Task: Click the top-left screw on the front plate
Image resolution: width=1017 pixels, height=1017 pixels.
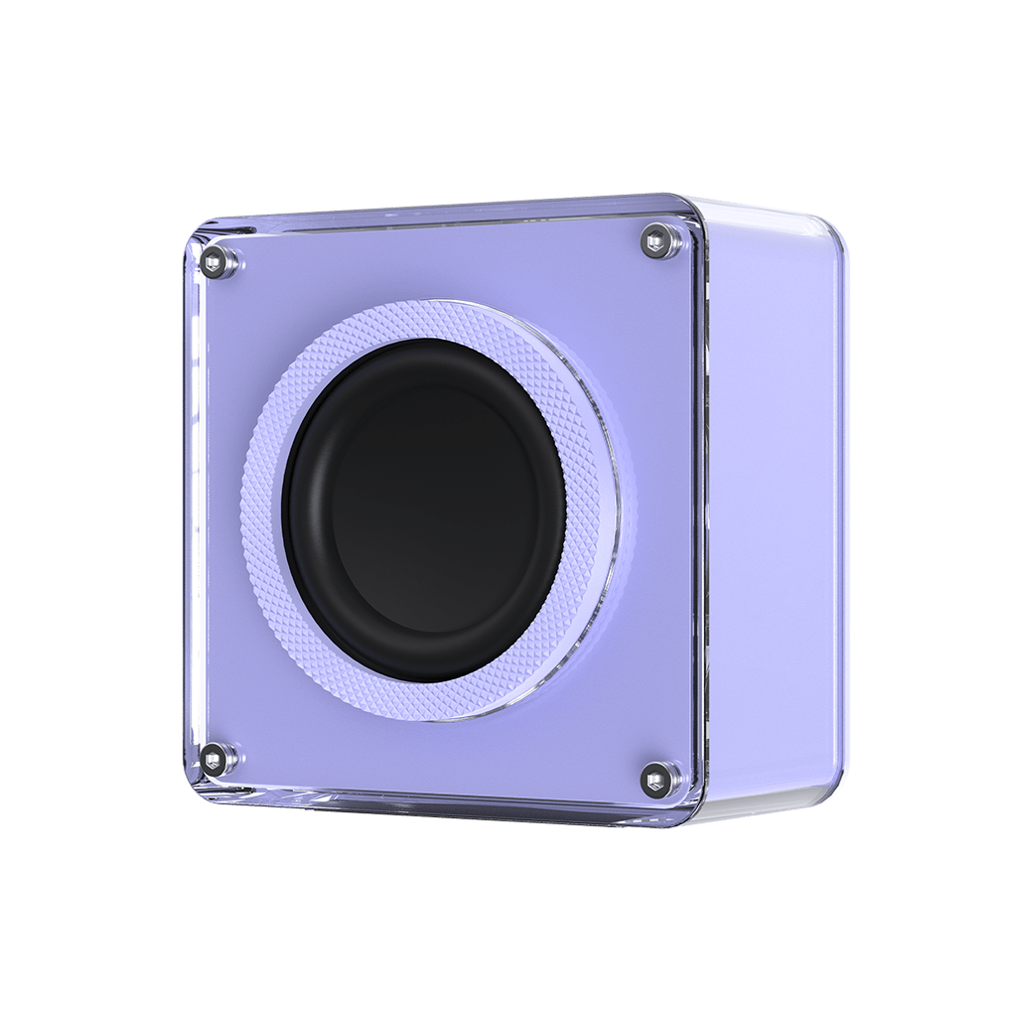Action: pos(213,261)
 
